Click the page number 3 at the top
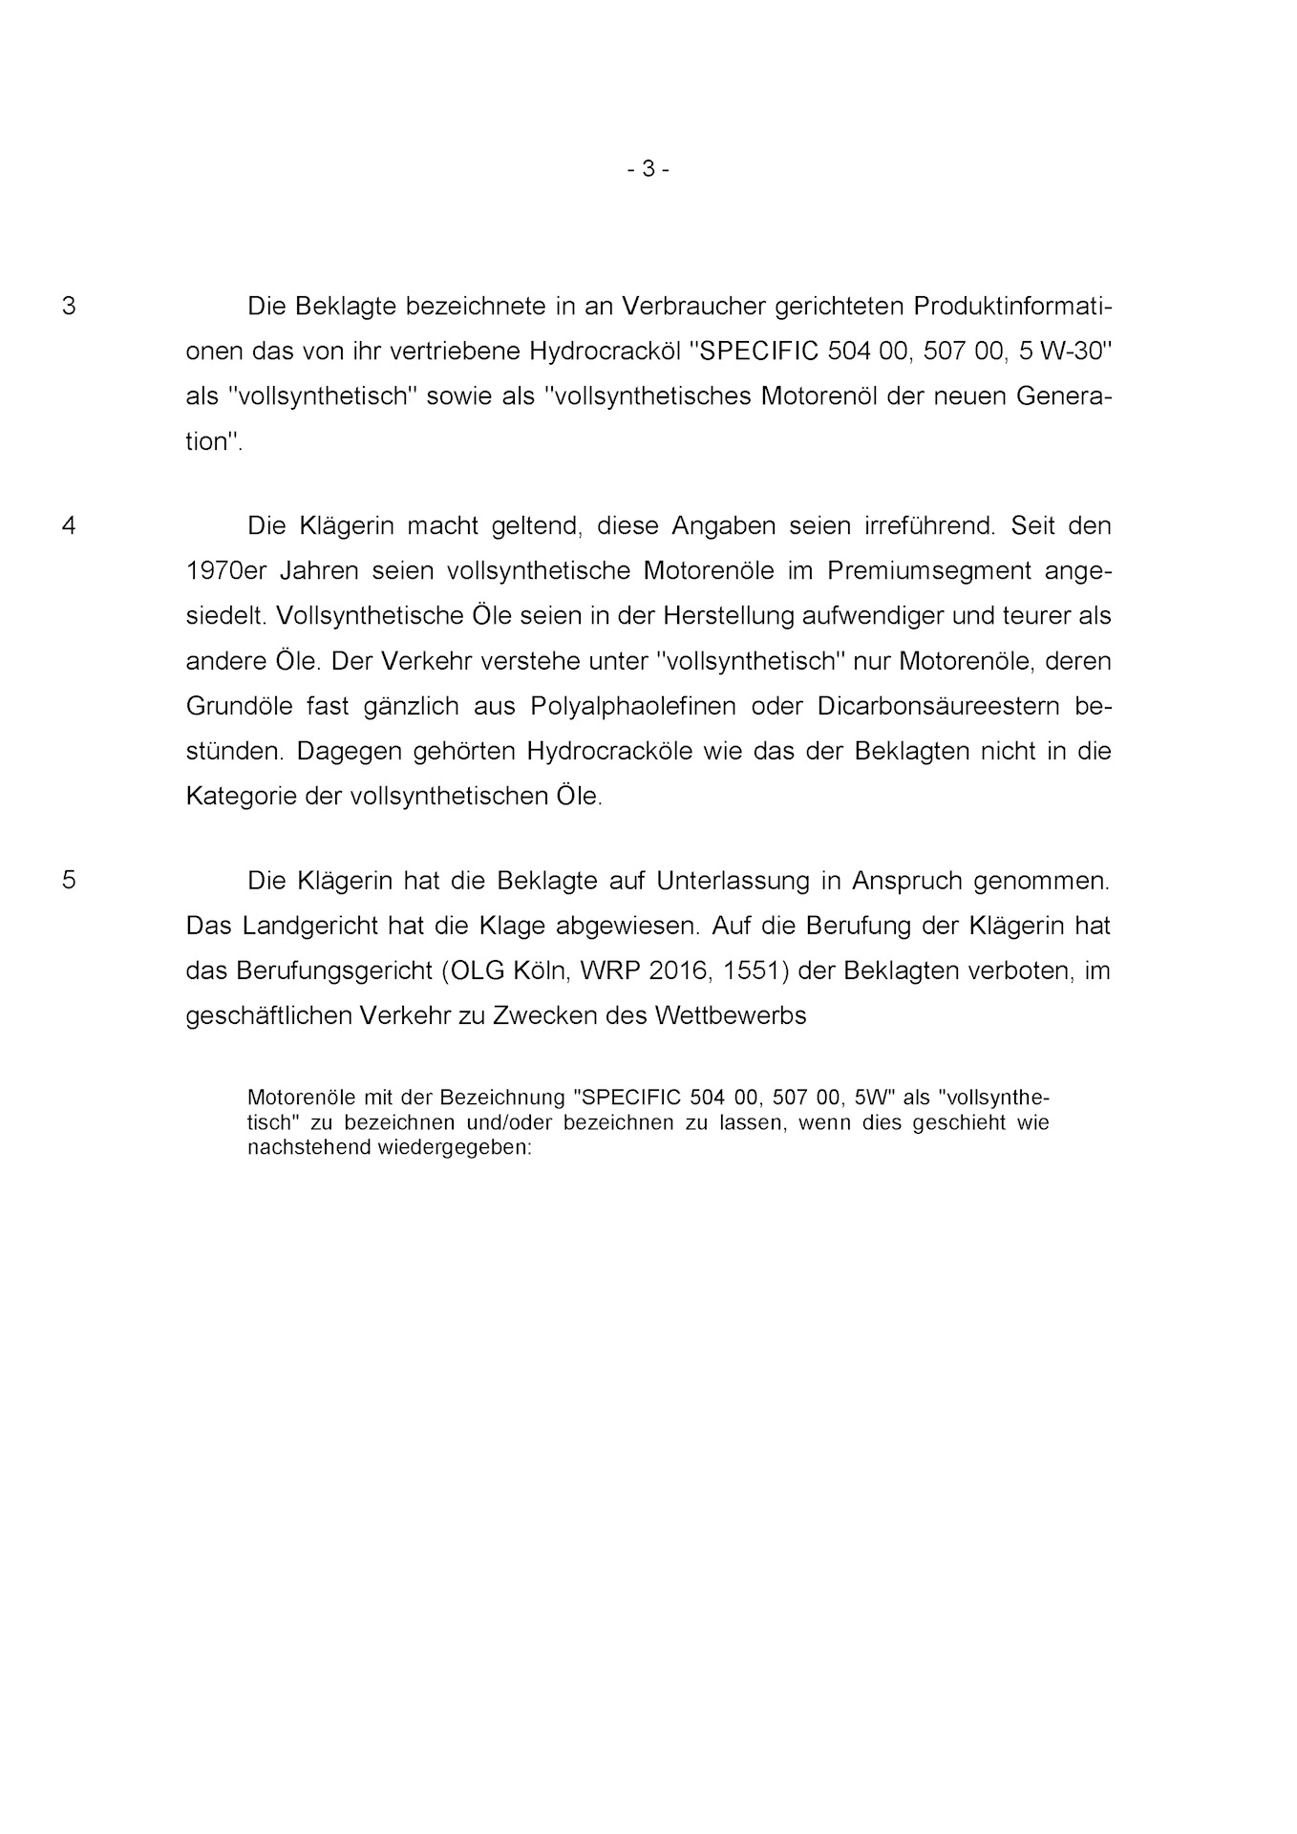(x=648, y=169)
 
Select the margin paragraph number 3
(x=69, y=307)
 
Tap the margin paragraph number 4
(x=69, y=525)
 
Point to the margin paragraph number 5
(x=69, y=880)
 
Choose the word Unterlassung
(x=734, y=880)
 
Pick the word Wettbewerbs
(x=731, y=1015)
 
